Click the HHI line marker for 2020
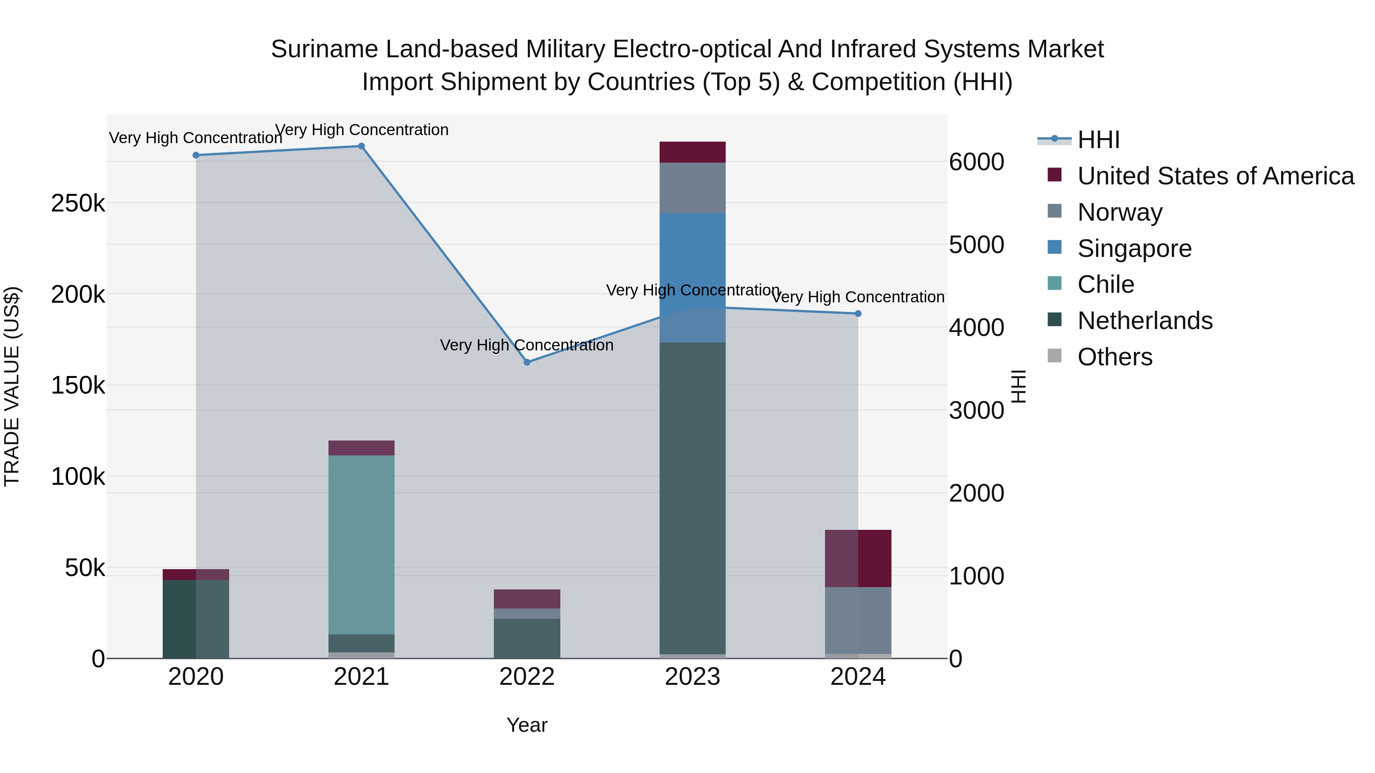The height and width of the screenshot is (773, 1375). (196, 155)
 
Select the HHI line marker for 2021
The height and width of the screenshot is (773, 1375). (361, 146)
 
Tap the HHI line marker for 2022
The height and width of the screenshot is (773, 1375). (527, 362)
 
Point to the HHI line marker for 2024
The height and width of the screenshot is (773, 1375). (858, 314)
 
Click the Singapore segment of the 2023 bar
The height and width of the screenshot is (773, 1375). (692, 278)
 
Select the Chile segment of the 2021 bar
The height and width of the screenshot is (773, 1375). (361, 544)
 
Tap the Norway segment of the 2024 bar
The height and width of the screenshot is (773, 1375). (858, 620)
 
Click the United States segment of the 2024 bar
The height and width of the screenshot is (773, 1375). (858, 558)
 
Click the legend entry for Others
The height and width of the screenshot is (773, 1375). (1115, 357)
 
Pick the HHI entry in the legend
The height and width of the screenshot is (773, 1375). (1098, 140)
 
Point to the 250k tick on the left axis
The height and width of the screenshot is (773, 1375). (78, 203)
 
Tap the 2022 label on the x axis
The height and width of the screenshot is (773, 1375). (527, 677)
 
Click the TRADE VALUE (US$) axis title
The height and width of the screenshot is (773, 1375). (12, 386)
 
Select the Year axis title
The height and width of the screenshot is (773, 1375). (527, 725)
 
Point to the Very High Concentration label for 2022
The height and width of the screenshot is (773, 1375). (527, 345)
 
